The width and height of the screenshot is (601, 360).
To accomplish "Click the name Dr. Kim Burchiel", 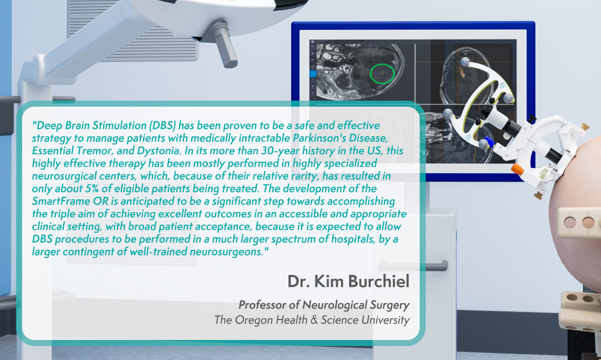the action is [349, 281].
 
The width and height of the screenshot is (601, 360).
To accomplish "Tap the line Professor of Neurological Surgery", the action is [324, 305].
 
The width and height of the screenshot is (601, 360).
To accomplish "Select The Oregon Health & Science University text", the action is [312, 320].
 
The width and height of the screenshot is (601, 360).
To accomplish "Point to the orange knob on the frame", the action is [517, 169].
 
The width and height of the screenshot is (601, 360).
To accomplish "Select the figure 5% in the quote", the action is [92, 189].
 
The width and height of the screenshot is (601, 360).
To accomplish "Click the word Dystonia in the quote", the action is [158, 151].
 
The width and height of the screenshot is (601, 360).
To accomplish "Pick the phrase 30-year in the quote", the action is [280, 151].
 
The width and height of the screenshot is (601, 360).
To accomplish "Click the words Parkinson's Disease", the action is [340, 138].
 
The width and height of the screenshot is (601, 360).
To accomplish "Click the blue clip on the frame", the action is [489, 142].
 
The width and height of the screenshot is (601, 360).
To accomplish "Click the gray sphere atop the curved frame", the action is [465, 62].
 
